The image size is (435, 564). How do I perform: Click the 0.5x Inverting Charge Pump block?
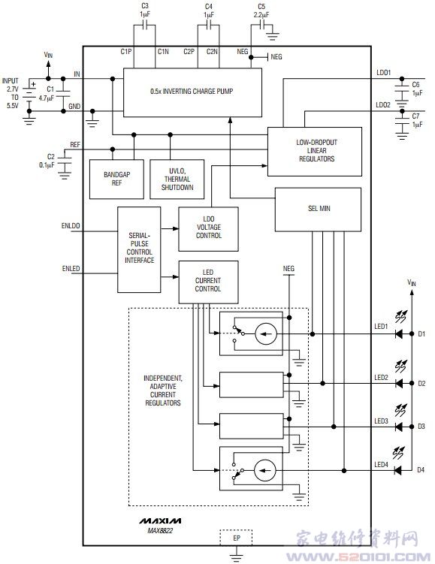coord(192,92)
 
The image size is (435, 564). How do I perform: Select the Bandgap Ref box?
coord(116,179)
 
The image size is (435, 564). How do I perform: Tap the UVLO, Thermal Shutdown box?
coord(177,179)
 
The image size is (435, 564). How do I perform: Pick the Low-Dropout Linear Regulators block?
coord(315,152)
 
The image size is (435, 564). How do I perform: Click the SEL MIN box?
coord(318,210)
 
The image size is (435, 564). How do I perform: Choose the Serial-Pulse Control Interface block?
coord(139,249)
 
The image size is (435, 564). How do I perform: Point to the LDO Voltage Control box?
coord(208,229)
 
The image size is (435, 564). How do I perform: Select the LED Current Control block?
coord(208,282)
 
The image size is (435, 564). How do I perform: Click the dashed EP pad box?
coord(236,538)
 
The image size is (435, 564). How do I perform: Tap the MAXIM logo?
coord(160,521)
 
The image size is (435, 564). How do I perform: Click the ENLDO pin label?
coord(71,226)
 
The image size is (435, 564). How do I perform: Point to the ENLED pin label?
coord(71,269)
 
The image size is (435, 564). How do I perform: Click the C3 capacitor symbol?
coord(145,26)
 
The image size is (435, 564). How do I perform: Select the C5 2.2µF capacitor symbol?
coord(262,26)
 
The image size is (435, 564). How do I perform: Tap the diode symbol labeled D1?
coord(398,333)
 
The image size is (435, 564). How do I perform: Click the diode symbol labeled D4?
coord(398,470)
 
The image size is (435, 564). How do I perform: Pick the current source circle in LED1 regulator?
coord(266,333)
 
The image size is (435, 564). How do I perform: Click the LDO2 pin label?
coord(383,105)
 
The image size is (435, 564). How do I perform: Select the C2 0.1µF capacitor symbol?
coord(65,161)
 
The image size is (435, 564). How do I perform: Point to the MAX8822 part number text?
coord(160,530)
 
